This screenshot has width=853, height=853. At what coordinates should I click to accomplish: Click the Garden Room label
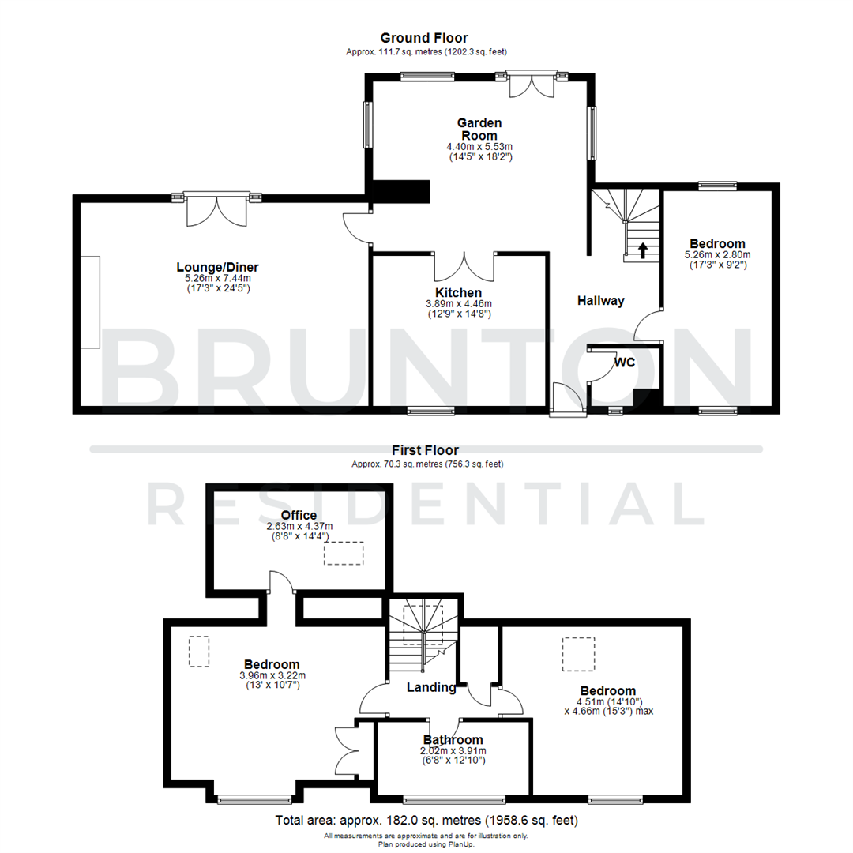point(479,129)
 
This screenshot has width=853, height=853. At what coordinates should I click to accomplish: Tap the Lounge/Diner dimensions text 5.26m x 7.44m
point(217,279)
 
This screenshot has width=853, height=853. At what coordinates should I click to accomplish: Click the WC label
point(626,363)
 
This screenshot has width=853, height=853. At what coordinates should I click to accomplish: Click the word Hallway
point(600,300)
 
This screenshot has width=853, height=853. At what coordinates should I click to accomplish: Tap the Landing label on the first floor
point(431,687)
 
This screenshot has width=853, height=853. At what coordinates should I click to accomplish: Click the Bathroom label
point(453,739)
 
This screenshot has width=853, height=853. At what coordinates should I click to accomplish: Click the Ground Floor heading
point(424,38)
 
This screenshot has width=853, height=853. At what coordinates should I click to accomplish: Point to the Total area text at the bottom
point(426,820)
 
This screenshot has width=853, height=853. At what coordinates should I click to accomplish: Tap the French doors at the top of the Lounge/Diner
point(216,209)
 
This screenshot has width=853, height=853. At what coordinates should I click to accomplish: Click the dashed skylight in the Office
point(343,552)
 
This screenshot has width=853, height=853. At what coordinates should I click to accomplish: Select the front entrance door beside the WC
point(568,399)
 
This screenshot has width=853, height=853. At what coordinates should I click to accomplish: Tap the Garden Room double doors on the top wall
point(532,86)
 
